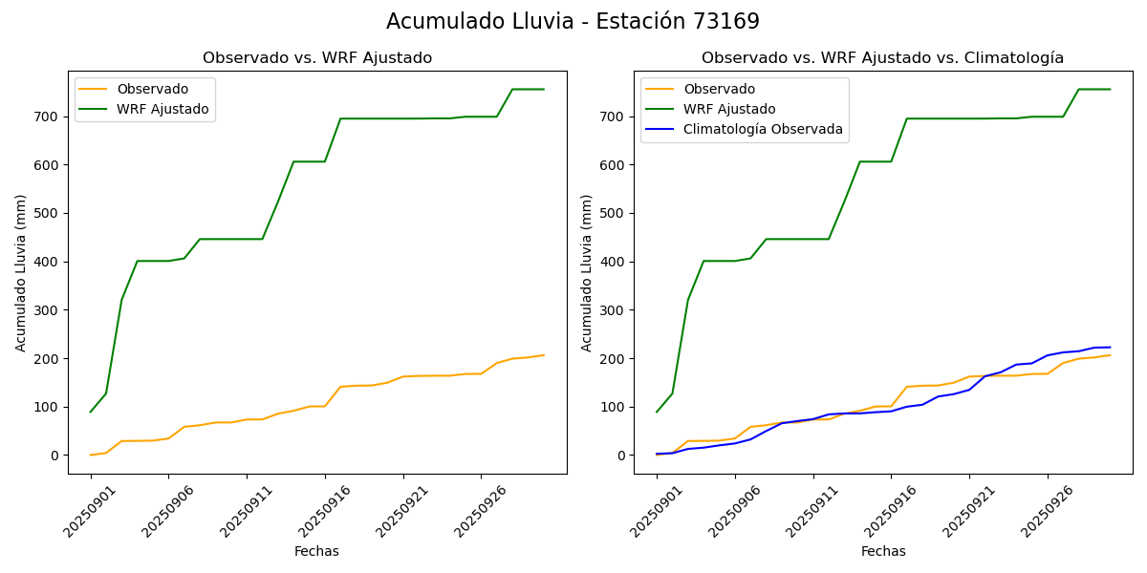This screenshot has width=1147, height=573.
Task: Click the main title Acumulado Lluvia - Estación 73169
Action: (573, 22)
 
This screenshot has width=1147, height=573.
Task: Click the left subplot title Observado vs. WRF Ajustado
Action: (317, 58)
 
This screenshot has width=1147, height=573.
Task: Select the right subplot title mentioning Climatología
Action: (882, 58)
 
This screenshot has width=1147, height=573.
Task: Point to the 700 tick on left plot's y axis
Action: (50, 117)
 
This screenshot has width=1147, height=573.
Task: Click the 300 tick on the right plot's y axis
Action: (616, 310)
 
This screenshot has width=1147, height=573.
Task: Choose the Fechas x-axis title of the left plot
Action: (316, 551)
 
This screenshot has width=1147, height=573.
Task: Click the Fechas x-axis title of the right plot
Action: (883, 551)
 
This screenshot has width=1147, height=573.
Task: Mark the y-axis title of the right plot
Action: (587, 272)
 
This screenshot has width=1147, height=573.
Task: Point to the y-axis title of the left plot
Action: (21, 272)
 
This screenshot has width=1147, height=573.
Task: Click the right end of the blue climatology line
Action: (1110, 348)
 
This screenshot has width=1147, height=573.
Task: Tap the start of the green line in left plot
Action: (91, 412)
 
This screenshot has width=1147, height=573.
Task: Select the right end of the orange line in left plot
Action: (544, 355)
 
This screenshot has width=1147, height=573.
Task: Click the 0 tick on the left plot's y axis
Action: (55, 456)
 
